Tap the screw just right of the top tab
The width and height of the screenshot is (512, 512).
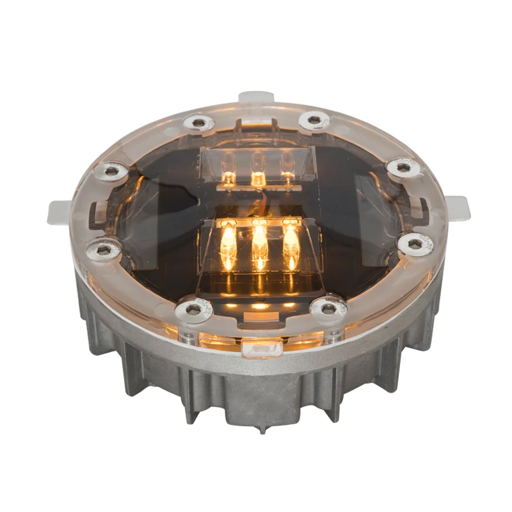tap(314, 119)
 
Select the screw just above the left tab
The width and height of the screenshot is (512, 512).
tap(113, 170)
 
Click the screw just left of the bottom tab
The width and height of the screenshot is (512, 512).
tap(194, 310)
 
